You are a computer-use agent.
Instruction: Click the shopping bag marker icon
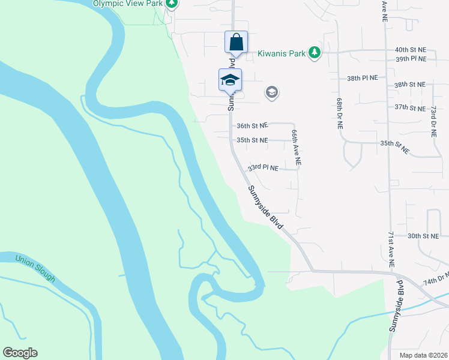pyautogui.click(x=237, y=43)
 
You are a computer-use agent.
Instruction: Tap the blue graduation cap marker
pyautogui.click(x=230, y=80)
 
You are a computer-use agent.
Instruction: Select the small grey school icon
pyautogui.click(x=271, y=92)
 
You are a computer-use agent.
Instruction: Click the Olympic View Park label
pyautogui.click(x=127, y=3)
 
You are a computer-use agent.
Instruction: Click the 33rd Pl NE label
pyautogui.click(x=264, y=168)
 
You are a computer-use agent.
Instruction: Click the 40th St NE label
pyautogui.click(x=410, y=49)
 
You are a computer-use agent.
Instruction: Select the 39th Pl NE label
pyautogui.click(x=410, y=59)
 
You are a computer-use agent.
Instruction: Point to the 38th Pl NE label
pyautogui.click(x=363, y=78)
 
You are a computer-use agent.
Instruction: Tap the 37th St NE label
pyautogui.click(x=409, y=107)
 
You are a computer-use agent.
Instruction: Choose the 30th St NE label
pyautogui.click(x=423, y=236)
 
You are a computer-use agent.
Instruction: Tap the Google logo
pyautogui.click(x=20, y=353)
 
